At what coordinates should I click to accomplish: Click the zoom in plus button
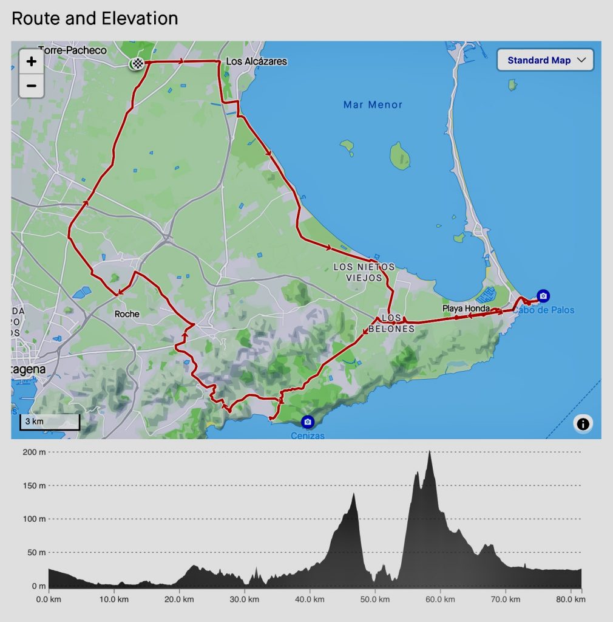point(32,61)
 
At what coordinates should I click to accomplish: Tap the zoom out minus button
point(32,86)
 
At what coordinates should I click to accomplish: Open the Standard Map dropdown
point(545,60)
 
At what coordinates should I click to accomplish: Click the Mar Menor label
point(373,105)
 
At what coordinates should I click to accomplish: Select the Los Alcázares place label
point(256,61)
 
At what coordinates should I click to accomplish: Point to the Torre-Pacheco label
point(72,50)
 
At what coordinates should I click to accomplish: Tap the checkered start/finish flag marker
point(138,64)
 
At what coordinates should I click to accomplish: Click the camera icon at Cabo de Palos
point(543,296)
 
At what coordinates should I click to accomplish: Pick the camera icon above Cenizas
point(308,422)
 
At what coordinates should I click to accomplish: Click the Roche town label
point(127,314)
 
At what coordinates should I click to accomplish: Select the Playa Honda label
point(466,309)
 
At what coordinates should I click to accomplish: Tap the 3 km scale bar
point(50,422)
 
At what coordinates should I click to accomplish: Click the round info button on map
point(583,423)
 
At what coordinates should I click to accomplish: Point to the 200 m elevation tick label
point(34,452)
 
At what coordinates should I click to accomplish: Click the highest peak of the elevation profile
point(429,451)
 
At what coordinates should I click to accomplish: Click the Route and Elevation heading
point(95,18)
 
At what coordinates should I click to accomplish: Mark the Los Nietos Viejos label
point(364,272)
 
